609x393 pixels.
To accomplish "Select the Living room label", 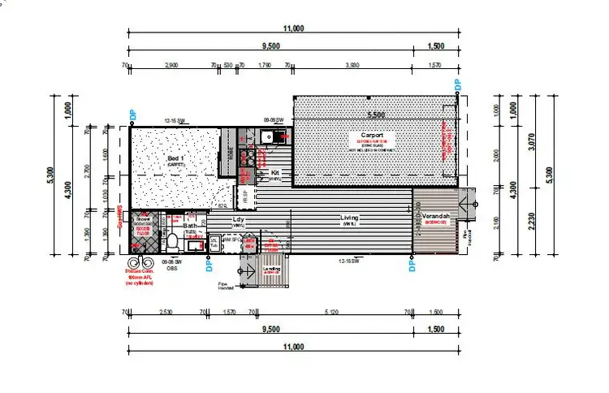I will coord(351,218).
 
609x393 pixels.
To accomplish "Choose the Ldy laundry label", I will coord(239,219).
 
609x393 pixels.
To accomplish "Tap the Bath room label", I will coord(189,227).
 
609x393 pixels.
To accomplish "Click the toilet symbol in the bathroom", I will coord(172,243).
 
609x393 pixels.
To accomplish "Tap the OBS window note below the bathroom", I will coord(173,269).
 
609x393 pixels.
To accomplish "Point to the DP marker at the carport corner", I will coord(457,84).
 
